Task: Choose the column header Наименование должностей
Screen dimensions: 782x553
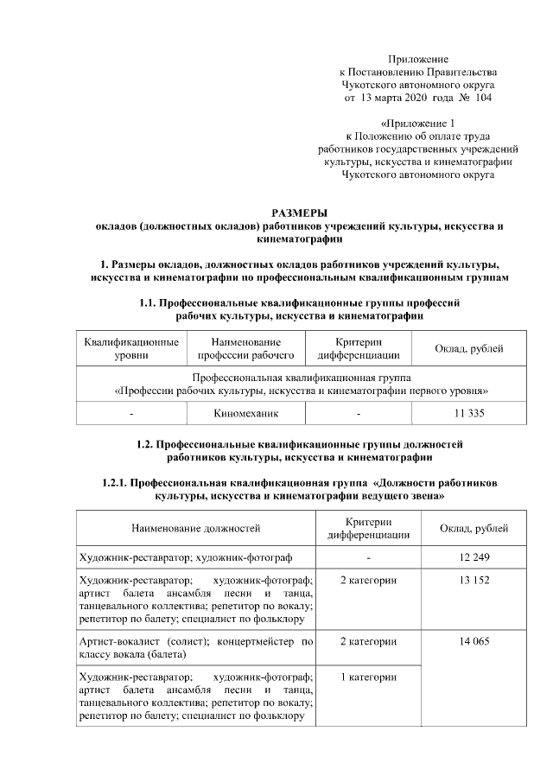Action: tap(195, 528)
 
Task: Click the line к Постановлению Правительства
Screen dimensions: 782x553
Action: tap(418, 72)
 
